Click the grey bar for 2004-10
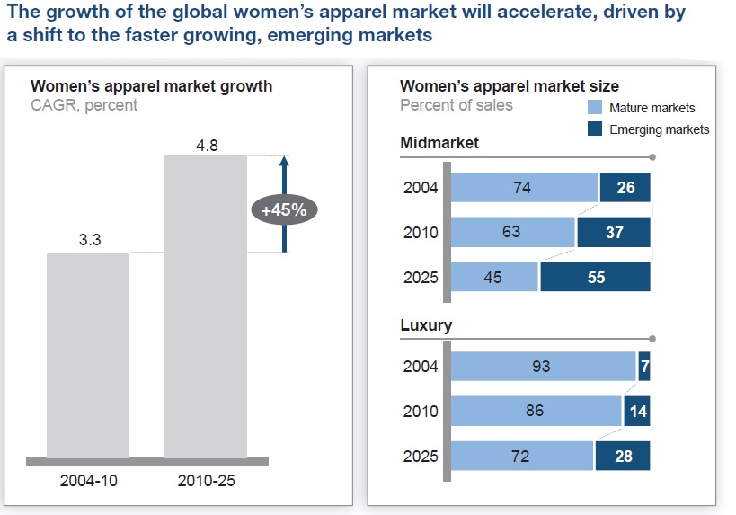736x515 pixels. (x=88, y=355)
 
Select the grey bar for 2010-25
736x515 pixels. (x=205, y=306)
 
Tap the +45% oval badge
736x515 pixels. (x=284, y=210)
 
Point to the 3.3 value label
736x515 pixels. (x=87, y=241)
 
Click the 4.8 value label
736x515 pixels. (x=207, y=144)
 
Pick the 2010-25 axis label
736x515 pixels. (x=206, y=480)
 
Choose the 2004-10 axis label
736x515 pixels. (x=88, y=480)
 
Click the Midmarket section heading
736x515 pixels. (x=439, y=143)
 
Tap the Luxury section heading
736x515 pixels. (x=426, y=324)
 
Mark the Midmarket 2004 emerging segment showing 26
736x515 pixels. (x=625, y=188)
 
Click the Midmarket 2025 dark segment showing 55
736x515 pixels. (x=595, y=277)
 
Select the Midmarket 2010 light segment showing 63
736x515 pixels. (x=512, y=232)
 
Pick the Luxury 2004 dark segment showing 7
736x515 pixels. (x=643, y=366)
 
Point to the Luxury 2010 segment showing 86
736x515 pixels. (x=536, y=411)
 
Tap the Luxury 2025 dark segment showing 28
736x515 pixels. (x=623, y=456)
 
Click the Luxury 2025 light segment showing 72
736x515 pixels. (x=521, y=456)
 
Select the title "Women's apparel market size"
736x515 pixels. (x=509, y=86)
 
